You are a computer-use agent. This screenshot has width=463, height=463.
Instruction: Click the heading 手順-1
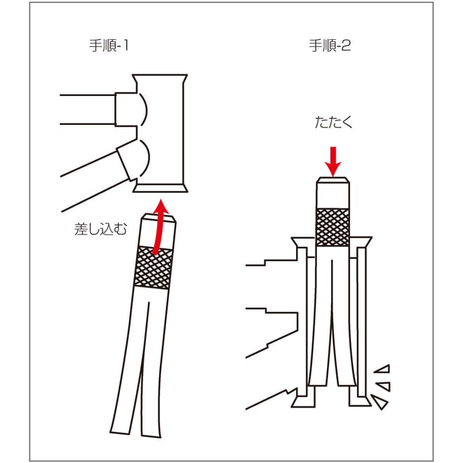click(x=109, y=46)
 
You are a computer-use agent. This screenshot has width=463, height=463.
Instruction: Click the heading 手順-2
click(x=330, y=46)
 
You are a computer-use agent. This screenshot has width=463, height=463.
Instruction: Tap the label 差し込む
click(x=100, y=229)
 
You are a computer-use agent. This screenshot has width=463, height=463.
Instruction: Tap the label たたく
click(x=334, y=122)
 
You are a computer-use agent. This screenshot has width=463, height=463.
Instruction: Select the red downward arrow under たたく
click(x=333, y=161)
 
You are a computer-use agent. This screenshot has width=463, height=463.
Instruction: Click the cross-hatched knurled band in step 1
click(x=153, y=267)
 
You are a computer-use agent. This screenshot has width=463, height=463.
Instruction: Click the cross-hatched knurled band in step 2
click(x=333, y=227)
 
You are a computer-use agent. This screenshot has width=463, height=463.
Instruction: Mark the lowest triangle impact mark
click(x=380, y=402)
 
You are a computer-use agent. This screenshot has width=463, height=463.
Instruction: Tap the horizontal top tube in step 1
click(x=88, y=109)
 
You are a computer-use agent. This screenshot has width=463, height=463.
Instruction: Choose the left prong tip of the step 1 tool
click(x=120, y=432)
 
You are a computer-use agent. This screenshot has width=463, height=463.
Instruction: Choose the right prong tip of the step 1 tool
click(x=152, y=435)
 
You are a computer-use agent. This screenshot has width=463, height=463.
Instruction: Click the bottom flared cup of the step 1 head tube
click(x=161, y=188)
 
